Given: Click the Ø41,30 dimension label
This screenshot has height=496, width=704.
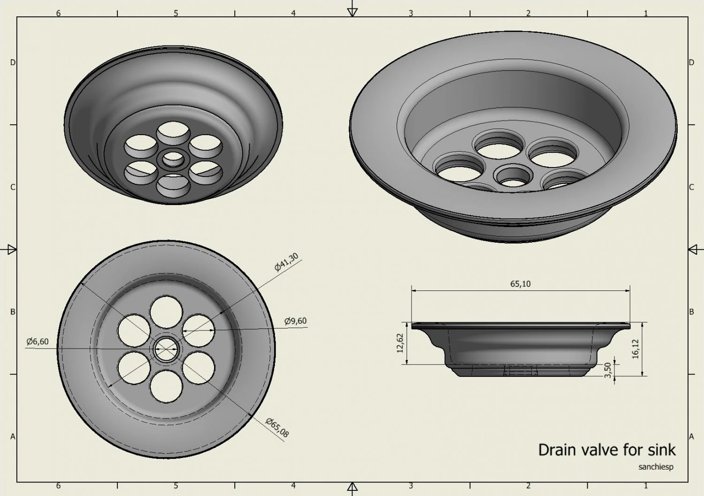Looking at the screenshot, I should (x=286, y=262).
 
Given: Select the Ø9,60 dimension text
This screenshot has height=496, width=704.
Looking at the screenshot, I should (x=296, y=321).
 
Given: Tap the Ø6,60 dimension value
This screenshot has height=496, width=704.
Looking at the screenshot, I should (x=38, y=342).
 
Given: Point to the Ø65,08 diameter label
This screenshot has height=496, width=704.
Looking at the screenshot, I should (x=277, y=427).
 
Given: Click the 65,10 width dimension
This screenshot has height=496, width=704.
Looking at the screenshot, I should (x=520, y=284).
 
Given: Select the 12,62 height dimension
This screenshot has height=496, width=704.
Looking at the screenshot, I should (x=400, y=343).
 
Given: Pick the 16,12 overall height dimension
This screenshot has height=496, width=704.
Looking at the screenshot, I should (x=635, y=349).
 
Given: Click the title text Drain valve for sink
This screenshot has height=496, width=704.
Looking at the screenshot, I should (x=606, y=450).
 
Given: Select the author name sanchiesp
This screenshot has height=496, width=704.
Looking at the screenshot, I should (x=656, y=467).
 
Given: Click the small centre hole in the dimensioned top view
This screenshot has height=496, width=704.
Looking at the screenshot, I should (x=166, y=349).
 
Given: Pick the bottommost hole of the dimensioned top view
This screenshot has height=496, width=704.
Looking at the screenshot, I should (x=166, y=386).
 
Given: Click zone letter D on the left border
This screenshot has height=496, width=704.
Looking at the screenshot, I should (x=13, y=62).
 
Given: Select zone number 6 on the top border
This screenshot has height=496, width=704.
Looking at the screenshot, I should (x=58, y=13).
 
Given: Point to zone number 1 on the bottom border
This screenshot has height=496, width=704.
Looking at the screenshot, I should (x=646, y=486).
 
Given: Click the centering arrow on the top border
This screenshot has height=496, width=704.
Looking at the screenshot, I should (x=352, y=12).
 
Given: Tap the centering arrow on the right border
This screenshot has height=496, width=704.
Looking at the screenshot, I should (x=693, y=250).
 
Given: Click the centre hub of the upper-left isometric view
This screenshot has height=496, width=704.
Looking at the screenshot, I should (x=173, y=159).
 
